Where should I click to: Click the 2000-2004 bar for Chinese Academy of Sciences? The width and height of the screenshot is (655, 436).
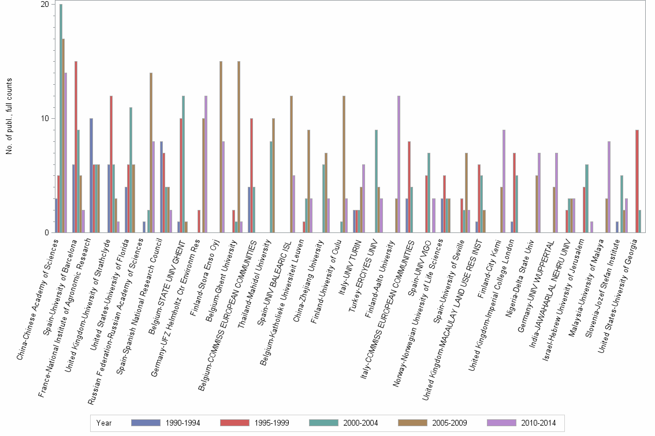(61, 118)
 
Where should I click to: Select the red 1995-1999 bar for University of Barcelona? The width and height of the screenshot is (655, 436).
(76, 147)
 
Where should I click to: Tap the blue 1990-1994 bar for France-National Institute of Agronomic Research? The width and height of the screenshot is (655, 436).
(91, 175)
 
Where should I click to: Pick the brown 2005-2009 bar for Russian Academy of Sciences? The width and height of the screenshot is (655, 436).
(151, 153)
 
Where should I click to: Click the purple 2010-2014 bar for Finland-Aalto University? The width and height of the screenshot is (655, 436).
(399, 164)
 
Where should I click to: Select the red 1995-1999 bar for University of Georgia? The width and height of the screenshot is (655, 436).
(637, 181)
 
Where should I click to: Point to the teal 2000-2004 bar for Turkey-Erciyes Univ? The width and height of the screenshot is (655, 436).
(377, 181)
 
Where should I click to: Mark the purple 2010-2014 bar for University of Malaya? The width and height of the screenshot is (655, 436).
(609, 187)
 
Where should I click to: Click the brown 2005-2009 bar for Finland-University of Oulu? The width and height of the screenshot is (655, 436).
(344, 164)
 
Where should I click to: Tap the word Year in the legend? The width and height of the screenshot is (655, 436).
(104, 423)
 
